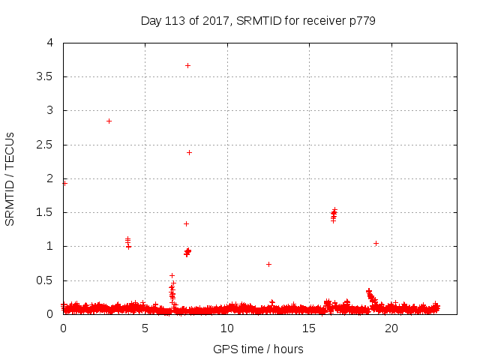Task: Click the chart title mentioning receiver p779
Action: [258, 20]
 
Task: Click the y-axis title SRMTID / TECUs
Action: [10, 178]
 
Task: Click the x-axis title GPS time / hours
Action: [258, 349]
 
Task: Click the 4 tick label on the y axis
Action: [50, 43]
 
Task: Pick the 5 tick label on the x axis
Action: [145, 328]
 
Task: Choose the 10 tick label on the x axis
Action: [227, 328]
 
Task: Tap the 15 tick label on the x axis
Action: [309, 328]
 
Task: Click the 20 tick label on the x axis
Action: [391, 328]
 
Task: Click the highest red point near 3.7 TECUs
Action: [187, 65]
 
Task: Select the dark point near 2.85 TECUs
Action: [109, 121]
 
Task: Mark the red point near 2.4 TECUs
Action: [189, 152]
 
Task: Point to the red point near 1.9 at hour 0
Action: [64, 183]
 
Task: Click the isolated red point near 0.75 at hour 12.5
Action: [268, 264]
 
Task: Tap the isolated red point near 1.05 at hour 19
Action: [376, 243]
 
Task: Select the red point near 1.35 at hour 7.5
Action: [186, 223]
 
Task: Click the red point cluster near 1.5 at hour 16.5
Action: [334, 215]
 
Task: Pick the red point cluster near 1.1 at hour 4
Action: [128, 241]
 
